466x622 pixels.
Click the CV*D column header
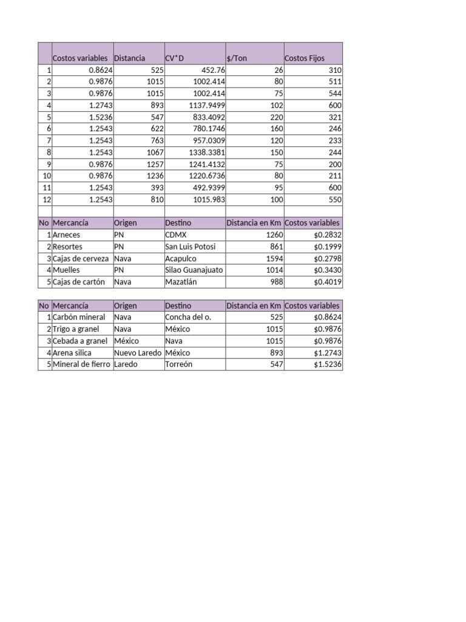point(174,58)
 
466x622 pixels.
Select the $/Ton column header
point(236,58)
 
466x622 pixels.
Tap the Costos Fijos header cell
point(305,58)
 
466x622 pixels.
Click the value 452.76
point(213,70)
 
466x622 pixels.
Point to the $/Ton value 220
point(275,117)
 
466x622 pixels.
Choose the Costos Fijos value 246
point(336,129)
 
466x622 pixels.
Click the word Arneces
point(66,235)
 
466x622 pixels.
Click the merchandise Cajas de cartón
point(79,282)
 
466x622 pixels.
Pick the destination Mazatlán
point(181,282)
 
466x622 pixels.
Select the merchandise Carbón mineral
point(79,317)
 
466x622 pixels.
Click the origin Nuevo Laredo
point(138,352)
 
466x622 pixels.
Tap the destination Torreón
point(178,364)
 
